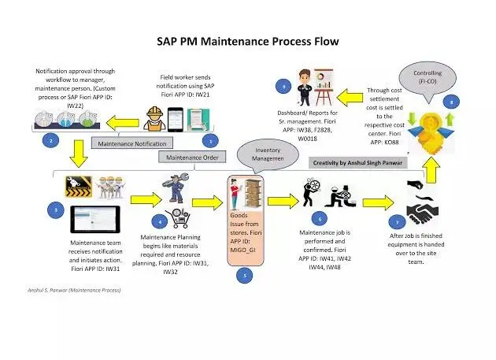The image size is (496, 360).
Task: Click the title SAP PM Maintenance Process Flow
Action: click(x=248, y=42)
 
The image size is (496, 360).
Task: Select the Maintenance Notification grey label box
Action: click(x=132, y=143)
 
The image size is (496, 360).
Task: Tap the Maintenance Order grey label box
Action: click(x=192, y=157)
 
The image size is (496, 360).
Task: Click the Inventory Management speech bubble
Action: click(x=268, y=155)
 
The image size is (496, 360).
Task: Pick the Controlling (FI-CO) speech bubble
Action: click(x=428, y=77)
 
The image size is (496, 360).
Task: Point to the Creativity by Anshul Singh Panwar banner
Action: click(x=357, y=163)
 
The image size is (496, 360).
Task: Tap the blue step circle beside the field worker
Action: click(x=210, y=141)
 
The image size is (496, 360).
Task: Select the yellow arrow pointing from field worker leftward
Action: click(x=122, y=123)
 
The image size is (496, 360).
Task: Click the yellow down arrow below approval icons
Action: click(x=79, y=154)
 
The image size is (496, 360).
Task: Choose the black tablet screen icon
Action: click(x=95, y=220)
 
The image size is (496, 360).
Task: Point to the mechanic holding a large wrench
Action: click(x=176, y=187)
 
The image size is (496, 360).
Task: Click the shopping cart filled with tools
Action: click(x=178, y=218)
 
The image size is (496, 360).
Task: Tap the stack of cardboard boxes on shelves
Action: click(x=254, y=193)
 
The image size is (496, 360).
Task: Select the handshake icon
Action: click(x=423, y=210)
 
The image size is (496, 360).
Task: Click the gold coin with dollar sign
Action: click(x=431, y=123)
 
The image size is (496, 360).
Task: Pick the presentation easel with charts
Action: click(x=324, y=87)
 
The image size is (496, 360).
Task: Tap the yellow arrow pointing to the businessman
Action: click(x=350, y=98)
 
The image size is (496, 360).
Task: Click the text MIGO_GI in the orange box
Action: click(x=242, y=251)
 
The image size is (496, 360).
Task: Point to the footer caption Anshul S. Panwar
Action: click(x=74, y=290)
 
